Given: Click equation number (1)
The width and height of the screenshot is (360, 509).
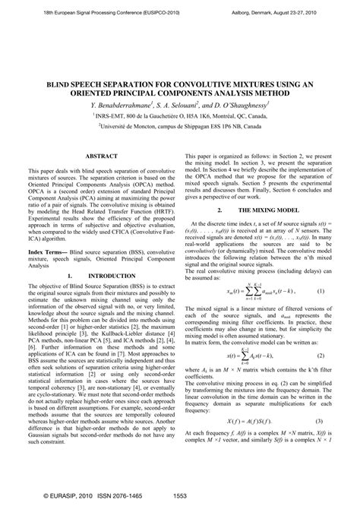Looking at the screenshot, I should (x=320, y=292).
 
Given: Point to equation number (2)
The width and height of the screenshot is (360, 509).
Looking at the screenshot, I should (x=320, y=355).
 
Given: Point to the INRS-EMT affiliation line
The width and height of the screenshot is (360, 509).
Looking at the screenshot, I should (x=180, y=115).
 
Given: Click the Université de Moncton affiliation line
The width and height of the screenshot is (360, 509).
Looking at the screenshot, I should (x=180, y=128).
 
